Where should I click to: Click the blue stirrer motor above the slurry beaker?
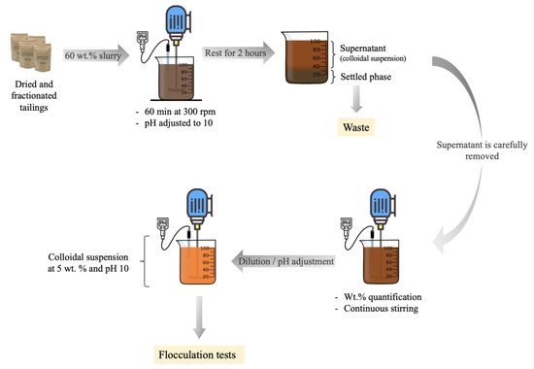click(x=176, y=25)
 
